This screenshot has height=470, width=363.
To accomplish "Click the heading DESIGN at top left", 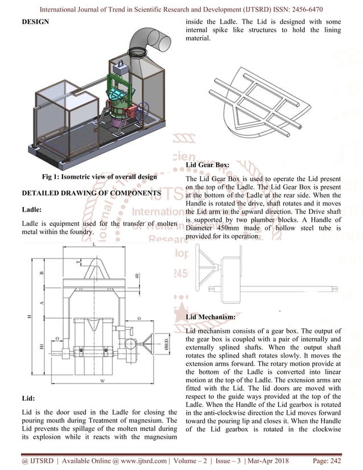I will pyautogui.click(x=35, y=22).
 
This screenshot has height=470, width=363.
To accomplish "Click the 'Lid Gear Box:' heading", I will pyautogui.click(x=208, y=165).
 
